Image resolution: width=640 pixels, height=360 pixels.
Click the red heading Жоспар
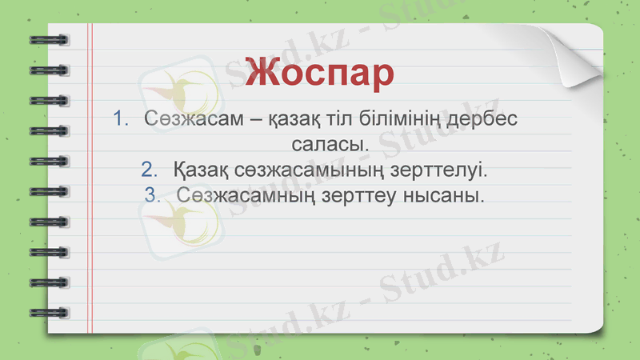point(319,72)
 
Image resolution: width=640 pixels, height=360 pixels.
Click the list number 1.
point(121,118)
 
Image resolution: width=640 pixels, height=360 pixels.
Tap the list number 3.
point(153,194)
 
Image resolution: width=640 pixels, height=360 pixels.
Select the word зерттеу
point(364,195)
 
